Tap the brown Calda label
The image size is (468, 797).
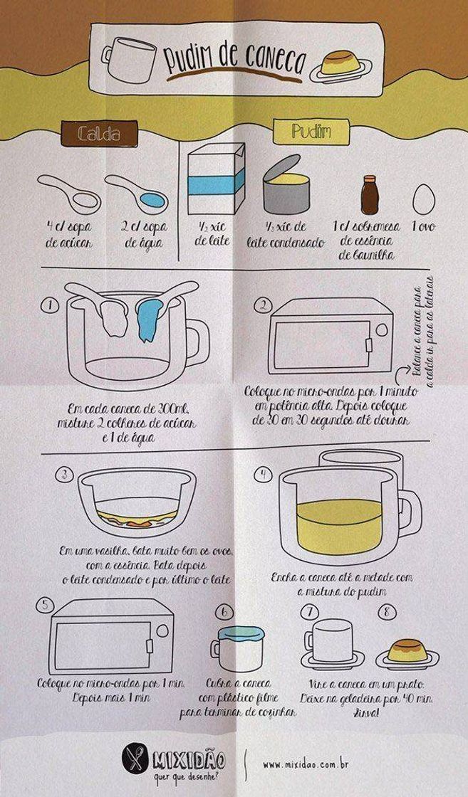pyautogui.click(x=98, y=133)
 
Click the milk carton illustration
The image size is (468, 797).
pyautogui.click(x=215, y=179)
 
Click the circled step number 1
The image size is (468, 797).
pyautogui.click(x=49, y=306)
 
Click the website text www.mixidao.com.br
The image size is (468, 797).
pyautogui.click(x=305, y=765)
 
